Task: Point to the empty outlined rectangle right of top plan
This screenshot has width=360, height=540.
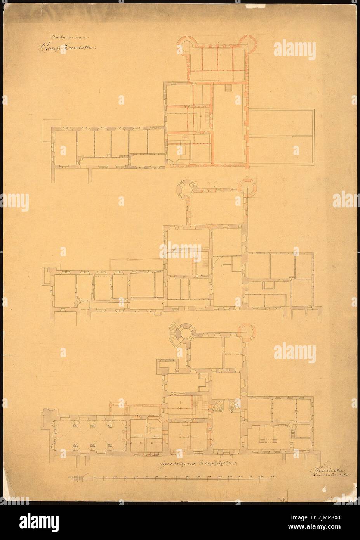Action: [x=280, y=135]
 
